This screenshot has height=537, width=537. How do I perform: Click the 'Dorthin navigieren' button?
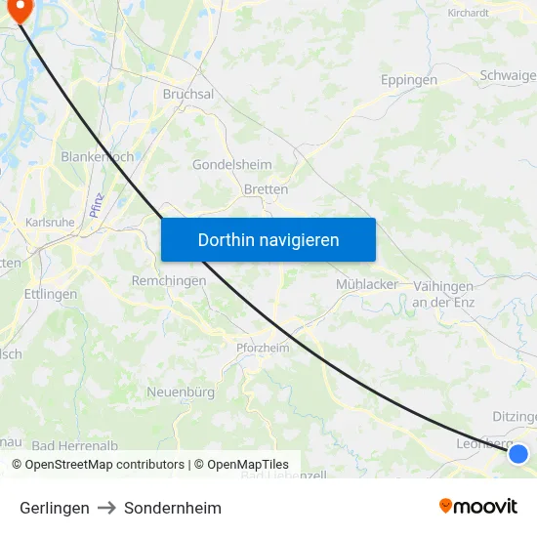(268, 239)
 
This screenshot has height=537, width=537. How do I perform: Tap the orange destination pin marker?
(19, 9)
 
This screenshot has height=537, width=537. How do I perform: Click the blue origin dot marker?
(518, 453)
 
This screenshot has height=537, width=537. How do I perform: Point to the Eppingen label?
(408, 79)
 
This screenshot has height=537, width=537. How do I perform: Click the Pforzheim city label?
(263, 348)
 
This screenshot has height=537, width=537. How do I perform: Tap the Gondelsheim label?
(232, 165)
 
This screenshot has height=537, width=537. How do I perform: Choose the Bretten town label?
(266, 189)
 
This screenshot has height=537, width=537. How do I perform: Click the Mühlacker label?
(366, 284)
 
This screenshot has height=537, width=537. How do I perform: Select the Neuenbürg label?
(181, 392)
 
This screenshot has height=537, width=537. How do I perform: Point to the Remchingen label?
(169, 280)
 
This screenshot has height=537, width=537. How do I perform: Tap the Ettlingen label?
(51, 294)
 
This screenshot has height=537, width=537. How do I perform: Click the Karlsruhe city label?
(50, 223)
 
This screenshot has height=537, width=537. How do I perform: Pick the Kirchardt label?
(468, 13)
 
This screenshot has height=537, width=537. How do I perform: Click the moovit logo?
(478, 507)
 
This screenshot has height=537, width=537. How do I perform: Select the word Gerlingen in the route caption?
(55, 508)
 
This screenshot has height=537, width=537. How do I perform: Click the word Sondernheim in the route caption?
(173, 508)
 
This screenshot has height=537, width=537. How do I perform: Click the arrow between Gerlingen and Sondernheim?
(106, 508)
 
